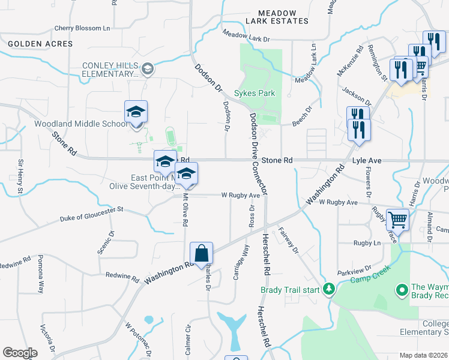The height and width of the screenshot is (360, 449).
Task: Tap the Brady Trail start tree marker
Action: (328, 290)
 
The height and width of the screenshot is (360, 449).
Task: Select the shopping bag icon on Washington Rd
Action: (202, 254)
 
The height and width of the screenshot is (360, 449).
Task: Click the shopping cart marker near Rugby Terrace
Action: (397, 220)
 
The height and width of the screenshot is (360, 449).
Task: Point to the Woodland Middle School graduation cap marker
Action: (136, 112)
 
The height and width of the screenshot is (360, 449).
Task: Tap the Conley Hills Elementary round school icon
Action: (147, 70)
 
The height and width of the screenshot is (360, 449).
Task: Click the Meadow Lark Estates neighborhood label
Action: (277, 17)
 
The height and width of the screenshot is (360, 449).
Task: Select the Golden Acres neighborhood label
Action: (41, 44)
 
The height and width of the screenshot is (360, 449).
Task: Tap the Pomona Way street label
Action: (40, 275)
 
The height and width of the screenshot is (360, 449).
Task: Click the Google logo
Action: (20, 353)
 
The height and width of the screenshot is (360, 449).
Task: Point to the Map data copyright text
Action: (423, 355)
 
